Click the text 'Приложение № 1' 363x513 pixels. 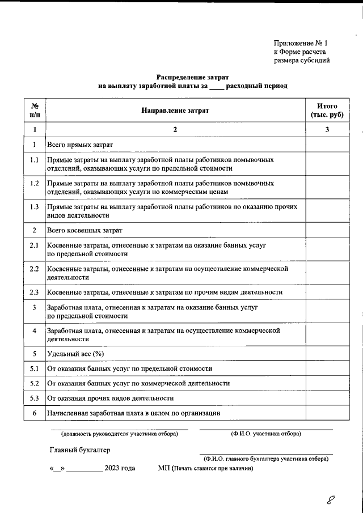coord(301,43)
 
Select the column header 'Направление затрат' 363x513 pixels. coord(175,111)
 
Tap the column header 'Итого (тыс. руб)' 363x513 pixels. coord(327,111)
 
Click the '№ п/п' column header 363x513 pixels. coord(35,111)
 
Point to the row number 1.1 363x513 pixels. coord(35,160)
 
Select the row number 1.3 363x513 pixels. coord(35,207)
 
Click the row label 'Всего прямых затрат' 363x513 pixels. coord(80,145)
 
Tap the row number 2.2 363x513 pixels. coord(35,269)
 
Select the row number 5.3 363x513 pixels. coord(35,398)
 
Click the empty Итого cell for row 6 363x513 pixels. coord(327,413)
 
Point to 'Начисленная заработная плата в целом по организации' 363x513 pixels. coord(133,413)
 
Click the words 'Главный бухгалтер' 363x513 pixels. coord(79,450)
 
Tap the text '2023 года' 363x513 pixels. coord(120,468)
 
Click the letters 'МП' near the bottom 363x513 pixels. coord(164,468)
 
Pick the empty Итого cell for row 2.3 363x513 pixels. coord(327,292)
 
